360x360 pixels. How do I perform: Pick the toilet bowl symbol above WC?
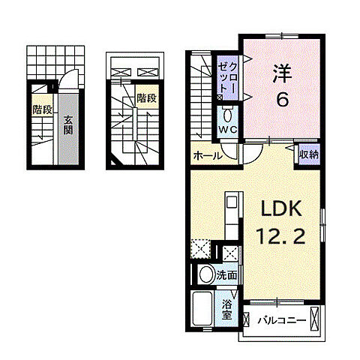pos(227,114)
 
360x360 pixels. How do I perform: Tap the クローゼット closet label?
pos(229,78)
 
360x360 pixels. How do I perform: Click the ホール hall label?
pos(207,156)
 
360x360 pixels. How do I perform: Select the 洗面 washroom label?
pos(227,275)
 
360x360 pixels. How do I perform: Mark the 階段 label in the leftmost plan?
pos(42,110)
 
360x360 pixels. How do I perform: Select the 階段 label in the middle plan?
pos(145,98)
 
